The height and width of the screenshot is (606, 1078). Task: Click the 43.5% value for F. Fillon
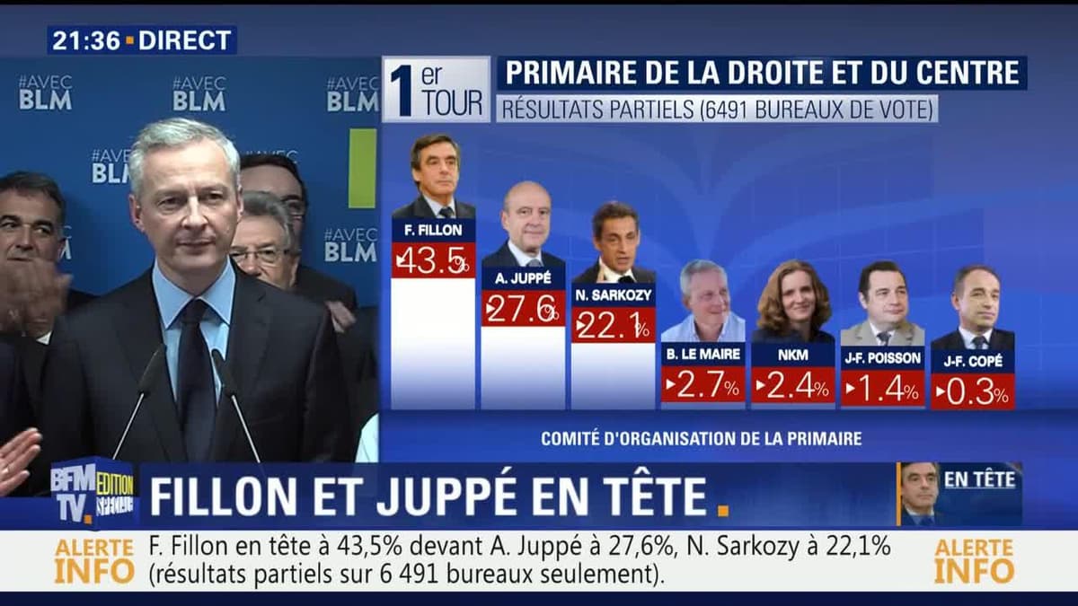(x=433, y=260)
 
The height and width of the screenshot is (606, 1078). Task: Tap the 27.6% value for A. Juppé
(x=523, y=308)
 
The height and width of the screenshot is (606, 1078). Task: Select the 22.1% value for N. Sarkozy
(x=614, y=325)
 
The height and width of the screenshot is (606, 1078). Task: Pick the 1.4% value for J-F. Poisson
(x=883, y=389)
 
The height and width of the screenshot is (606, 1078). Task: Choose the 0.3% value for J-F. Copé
(x=973, y=392)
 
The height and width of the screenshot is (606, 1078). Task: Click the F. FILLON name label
(x=433, y=230)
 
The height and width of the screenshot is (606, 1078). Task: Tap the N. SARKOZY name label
(x=614, y=295)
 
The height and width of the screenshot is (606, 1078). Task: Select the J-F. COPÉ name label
(x=973, y=362)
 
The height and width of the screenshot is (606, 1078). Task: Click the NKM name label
(x=793, y=355)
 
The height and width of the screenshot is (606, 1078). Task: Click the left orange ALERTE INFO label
(x=94, y=561)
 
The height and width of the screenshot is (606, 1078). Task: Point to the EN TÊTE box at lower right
(x=979, y=479)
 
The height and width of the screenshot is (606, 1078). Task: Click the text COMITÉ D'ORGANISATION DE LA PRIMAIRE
(x=702, y=439)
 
